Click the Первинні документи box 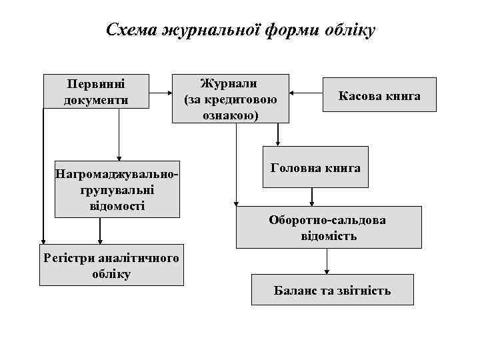click(x=95, y=92)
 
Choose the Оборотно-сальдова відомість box click(x=328, y=227)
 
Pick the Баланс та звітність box click(x=332, y=290)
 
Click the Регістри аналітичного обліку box click(x=111, y=265)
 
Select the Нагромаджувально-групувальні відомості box click(x=117, y=189)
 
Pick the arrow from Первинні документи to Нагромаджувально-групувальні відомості click(x=119, y=133)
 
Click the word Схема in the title click(x=131, y=31)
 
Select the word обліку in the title click(x=351, y=31)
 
